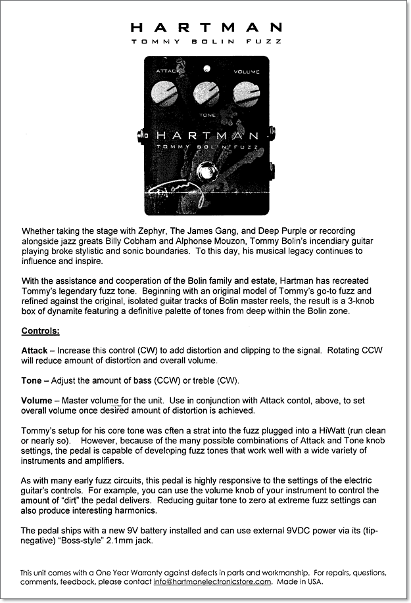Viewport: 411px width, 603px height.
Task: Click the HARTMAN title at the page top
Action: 206,28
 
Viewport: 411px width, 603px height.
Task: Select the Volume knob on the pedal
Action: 246,93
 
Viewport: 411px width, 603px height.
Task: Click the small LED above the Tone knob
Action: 206,68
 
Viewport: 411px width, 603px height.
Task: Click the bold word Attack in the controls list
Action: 34,351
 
